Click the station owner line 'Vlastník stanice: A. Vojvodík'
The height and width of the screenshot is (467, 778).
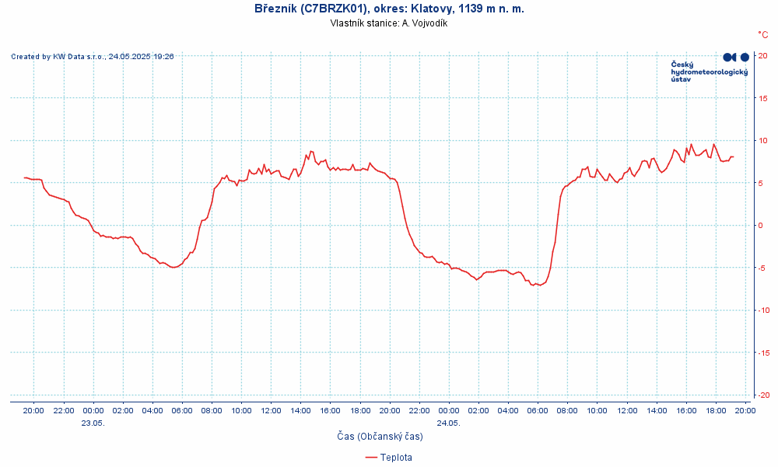(x=389, y=23)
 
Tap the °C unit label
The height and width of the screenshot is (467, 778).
(x=763, y=34)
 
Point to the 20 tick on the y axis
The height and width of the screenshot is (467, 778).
(x=763, y=55)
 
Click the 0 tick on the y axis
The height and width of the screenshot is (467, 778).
(x=762, y=225)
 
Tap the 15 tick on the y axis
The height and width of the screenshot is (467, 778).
(x=763, y=98)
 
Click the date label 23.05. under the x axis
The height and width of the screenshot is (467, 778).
(x=93, y=423)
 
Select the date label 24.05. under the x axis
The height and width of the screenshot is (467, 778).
(x=449, y=423)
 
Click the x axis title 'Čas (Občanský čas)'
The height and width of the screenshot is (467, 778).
(x=380, y=437)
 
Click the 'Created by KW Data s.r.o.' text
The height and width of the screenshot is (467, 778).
(x=92, y=56)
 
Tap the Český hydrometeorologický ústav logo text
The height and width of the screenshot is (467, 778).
(x=709, y=72)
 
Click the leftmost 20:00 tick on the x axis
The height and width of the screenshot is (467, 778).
(x=34, y=410)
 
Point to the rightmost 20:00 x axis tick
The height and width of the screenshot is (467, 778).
(x=745, y=410)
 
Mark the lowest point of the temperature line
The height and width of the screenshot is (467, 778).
(x=534, y=285)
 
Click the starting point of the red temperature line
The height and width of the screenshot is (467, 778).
(x=25, y=177)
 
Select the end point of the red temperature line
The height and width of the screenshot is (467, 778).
(x=733, y=156)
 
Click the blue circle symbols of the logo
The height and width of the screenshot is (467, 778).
(x=736, y=57)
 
